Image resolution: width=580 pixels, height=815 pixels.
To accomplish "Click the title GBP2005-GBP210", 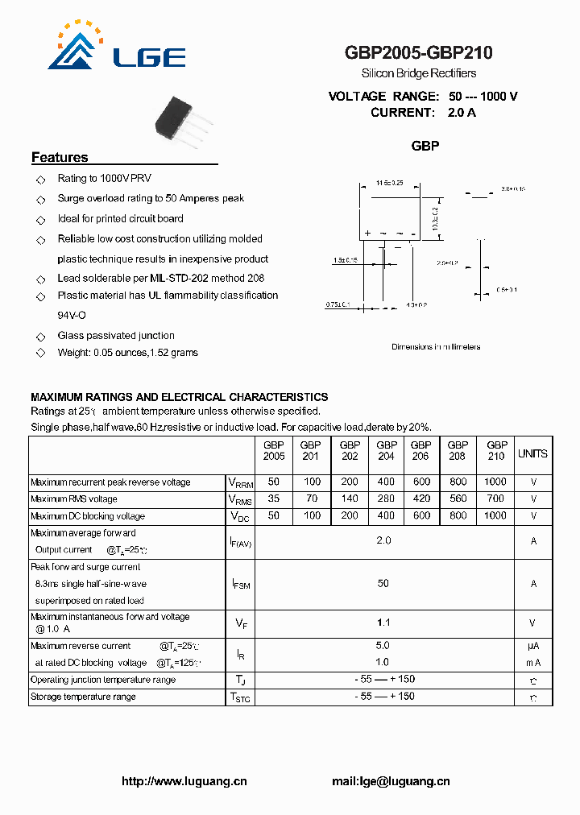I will click(x=418, y=53).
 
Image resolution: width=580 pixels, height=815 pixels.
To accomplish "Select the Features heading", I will click(x=60, y=158).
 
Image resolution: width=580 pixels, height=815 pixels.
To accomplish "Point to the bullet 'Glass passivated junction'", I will click(x=116, y=336).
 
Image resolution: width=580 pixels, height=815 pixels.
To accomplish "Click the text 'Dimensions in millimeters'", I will click(x=436, y=347).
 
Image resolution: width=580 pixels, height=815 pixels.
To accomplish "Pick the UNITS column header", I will click(x=532, y=454).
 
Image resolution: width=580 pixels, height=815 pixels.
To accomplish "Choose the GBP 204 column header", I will click(x=387, y=450).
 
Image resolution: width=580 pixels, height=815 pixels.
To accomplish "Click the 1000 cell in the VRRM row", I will click(x=496, y=482).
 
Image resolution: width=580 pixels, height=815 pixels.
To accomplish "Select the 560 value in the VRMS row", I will click(x=458, y=499).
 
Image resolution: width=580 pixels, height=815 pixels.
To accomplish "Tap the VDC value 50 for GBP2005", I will click(x=274, y=516).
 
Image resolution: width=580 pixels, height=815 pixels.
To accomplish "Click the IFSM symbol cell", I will click(x=241, y=584).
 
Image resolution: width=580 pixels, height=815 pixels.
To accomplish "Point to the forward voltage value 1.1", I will click(x=383, y=622).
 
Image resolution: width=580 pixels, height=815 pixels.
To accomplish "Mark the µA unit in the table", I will click(x=533, y=646).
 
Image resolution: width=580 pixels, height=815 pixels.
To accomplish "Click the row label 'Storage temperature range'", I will click(x=83, y=697).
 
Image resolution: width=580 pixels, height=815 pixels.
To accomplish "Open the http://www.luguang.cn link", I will click(x=184, y=781).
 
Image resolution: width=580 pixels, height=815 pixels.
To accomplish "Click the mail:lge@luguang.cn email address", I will click(x=391, y=781).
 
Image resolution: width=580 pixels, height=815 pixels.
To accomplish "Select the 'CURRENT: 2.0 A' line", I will click(x=423, y=113).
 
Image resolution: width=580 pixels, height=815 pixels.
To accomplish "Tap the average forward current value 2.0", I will click(x=383, y=541).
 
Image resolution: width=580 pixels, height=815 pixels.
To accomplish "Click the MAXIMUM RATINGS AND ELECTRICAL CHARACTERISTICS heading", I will click(x=179, y=397).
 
